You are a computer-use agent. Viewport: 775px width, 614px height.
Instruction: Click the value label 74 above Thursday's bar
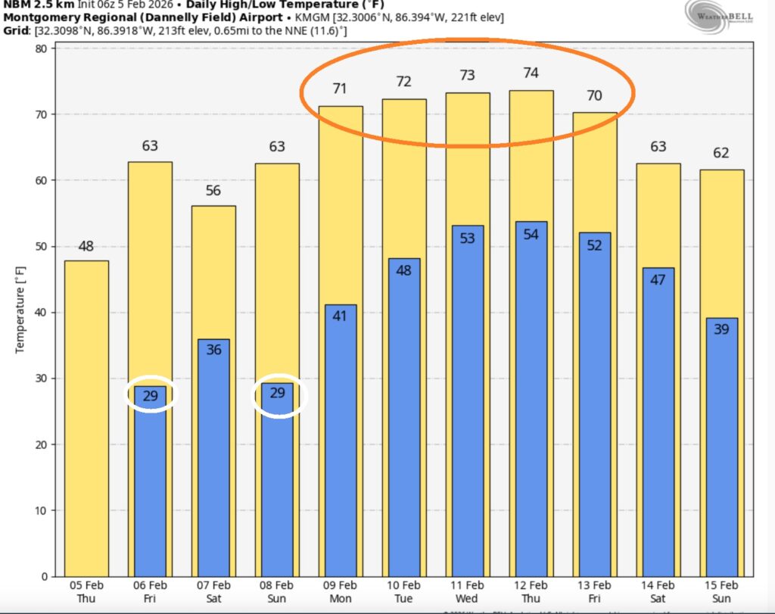point(531,73)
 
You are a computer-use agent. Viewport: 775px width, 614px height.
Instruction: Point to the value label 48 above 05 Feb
point(86,246)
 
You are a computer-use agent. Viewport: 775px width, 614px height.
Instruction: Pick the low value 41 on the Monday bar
point(340,316)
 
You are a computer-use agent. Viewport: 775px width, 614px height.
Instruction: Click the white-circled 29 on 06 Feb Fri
point(150,394)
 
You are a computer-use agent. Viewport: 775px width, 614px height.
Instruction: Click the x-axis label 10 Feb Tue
point(403,591)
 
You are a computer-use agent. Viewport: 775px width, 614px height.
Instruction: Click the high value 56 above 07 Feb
point(213,190)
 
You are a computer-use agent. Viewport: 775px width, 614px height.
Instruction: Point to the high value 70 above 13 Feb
point(594,96)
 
